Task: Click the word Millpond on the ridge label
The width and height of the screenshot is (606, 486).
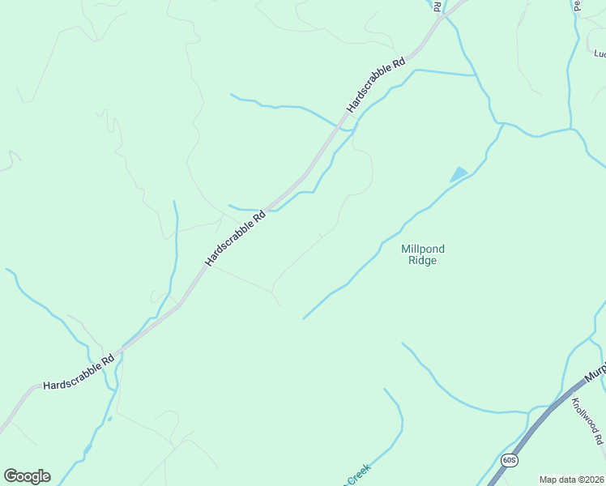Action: (423, 249)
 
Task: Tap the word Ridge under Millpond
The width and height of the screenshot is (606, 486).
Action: (423, 261)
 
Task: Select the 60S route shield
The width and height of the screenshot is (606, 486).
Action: (509, 459)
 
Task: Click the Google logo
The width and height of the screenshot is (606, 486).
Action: (27, 476)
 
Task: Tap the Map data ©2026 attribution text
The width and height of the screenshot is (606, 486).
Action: (571, 480)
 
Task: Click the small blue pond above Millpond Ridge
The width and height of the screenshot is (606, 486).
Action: (459, 174)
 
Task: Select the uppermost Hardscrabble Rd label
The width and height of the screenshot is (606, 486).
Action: (375, 85)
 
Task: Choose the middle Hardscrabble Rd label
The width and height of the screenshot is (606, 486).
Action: (235, 239)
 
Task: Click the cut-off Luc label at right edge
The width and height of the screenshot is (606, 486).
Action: (600, 54)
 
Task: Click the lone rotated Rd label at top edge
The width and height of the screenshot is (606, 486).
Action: (437, 6)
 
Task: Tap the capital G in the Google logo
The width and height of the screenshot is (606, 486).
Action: (11, 476)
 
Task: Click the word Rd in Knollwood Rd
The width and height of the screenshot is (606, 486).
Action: (598, 438)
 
